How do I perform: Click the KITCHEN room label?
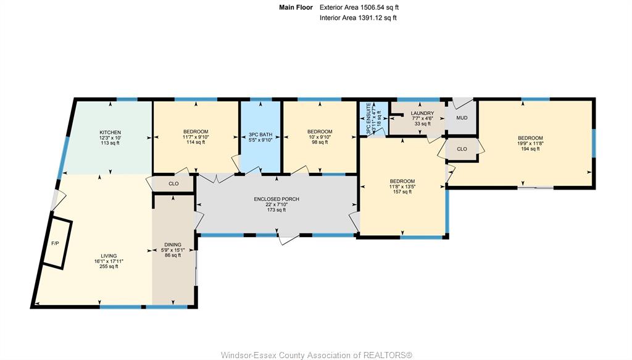pyautogui.click(x=110, y=133)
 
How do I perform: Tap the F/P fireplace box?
pyautogui.click(x=57, y=243)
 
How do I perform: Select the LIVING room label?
pyautogui.click(x=109, y=256)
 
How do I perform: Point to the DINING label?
pyautogui.click(x=173, y=245)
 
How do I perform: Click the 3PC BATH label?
pyautogui.click(x=260, y=135)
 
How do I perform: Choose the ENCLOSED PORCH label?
pyautogui.click(x=276, y=199)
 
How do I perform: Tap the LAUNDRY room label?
pyautogui.click(x=422, y=113)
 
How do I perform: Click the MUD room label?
pyautogui.click(x=462, y=118)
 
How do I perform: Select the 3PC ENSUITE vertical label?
pyautogui.click(x=368, y=119)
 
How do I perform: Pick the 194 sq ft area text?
pyautogui.click(x=530, y=149)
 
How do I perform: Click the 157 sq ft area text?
pyautogui.click(x=402, y=192)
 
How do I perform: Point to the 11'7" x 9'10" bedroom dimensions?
pyautogui.click(x=196, y=136)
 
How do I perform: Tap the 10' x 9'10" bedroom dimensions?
pyautogui.click(x=320, y=136)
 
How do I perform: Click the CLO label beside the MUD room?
pyautogui.click(x=462, y=149)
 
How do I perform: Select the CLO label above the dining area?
pyautogui.click(x=173, y=184)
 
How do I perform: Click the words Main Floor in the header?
pyautogui.click(x=296, y=7)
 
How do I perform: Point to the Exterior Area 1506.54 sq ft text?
pyautogui.click(x=359, y=7)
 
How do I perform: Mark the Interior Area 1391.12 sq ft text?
pyautogui.click(x=358, y=18)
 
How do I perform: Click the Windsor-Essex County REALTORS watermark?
pyautogui.click(x=317, y=355)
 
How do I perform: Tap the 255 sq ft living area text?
pyautogui.click(x=109, y=267)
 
